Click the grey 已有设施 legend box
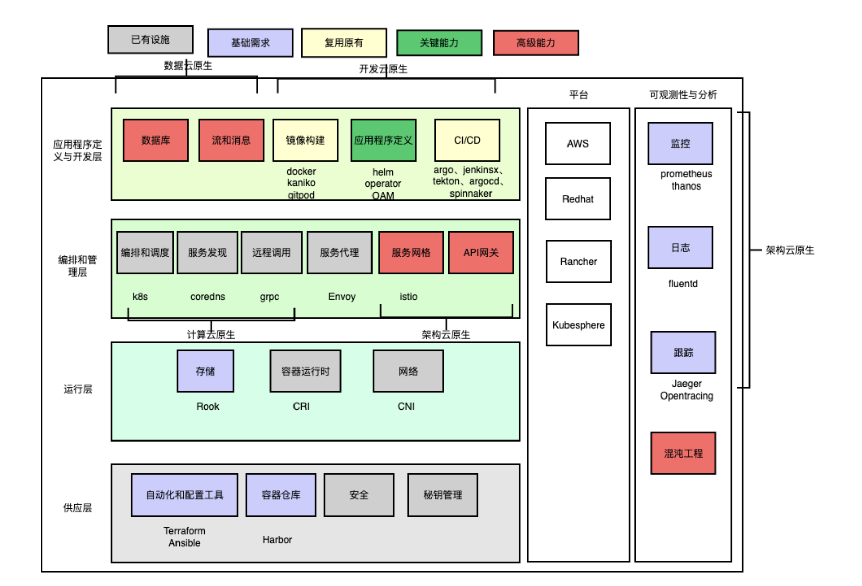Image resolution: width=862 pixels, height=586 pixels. click(x=150, y=39)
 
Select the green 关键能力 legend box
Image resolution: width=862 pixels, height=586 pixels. click(x=439, y=43)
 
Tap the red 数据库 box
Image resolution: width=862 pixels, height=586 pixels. click(x=155, y=140)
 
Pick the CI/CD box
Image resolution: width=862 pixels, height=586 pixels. click(x=467, y=140)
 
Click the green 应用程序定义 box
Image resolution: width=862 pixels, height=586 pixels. click(x=383, y=140)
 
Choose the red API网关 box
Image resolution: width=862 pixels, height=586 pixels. click(x=481, y=252)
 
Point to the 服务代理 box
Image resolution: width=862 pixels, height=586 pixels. click(x=339, y=252)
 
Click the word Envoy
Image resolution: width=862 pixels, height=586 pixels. click(x=342, y=296)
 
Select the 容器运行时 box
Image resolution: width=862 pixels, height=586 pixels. click(x=305, y=371)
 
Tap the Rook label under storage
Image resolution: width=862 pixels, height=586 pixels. click(x=207, y=406)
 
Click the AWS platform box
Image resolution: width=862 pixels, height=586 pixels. click(x=578, y=143)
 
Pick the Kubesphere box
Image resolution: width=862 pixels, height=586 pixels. click(x=578, y=325)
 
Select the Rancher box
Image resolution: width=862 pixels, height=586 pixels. click(x=578, y=261)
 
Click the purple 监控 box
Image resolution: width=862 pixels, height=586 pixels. click(x=680, y=143)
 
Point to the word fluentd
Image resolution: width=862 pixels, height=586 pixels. click(x=682, y=284)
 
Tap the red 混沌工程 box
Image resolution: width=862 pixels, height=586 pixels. click(x=683, y=453)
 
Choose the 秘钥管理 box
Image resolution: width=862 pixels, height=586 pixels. click(x=442, y=495)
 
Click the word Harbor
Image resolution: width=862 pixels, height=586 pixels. click(x=277, y=540)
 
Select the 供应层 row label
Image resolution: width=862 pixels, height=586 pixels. click(x=78, y=508)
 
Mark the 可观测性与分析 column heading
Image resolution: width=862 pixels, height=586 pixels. click(x=682, y=95)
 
